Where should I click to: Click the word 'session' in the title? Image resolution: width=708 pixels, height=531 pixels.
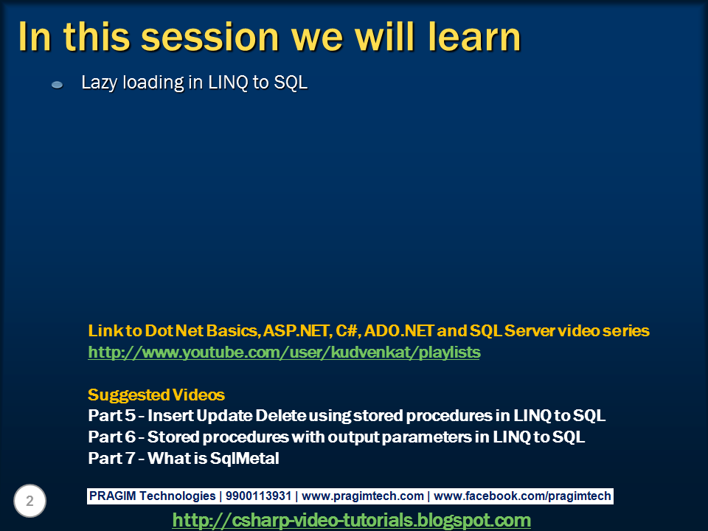pyautogui.click(x=210, y=37)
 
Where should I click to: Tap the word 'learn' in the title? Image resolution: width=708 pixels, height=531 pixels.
pyautogui.click(x=474, y=37)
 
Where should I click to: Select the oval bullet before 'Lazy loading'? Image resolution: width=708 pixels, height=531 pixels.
pyautogui.click(x=57, y=84)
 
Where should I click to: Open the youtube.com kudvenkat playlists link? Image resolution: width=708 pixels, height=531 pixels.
pyautogui.click(x=284, y=353)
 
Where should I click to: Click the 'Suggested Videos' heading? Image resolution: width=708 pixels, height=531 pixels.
pyautogui.click(x=156, y=395)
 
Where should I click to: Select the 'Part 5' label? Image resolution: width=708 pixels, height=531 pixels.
pyautogui.click(x=111, y=415)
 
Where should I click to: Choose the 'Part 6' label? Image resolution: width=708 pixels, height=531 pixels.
pyautogui.click(x=111, y=437)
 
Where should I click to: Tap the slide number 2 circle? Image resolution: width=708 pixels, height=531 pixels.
pyautogui.click(x=29, y=501)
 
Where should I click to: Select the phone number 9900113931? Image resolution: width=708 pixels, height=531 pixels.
pyautogui.click(x=258, y=496)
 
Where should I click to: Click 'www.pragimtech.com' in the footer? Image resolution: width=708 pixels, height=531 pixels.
pyautogui.click(x=363, y=496)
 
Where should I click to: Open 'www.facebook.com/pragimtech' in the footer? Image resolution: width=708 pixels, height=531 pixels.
pyautogui.click(x=522, y=496)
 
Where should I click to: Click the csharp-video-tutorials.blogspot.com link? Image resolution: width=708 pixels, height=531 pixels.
pyautogui.click(x=351, y=520)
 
